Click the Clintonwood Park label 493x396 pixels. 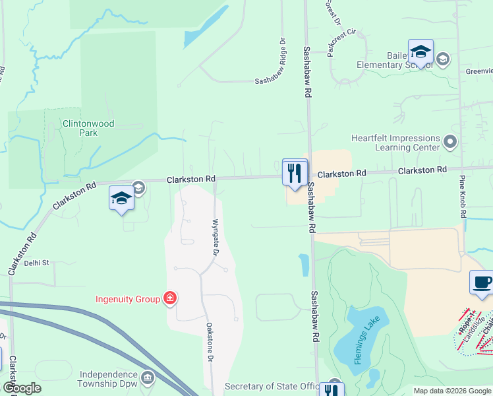tap(80, 127)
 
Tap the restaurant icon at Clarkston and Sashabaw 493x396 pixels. tap(295, 173)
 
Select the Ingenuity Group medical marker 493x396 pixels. tap(171, 299)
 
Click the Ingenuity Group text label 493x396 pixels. tap(129, 299)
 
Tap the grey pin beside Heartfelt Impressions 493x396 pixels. tap(451, 141)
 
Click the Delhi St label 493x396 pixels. tap(37, 263)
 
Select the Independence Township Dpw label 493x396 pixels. tap(108, 378)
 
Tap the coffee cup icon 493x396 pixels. tap(481, 283)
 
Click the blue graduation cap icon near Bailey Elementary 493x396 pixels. tap(420, 52)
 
